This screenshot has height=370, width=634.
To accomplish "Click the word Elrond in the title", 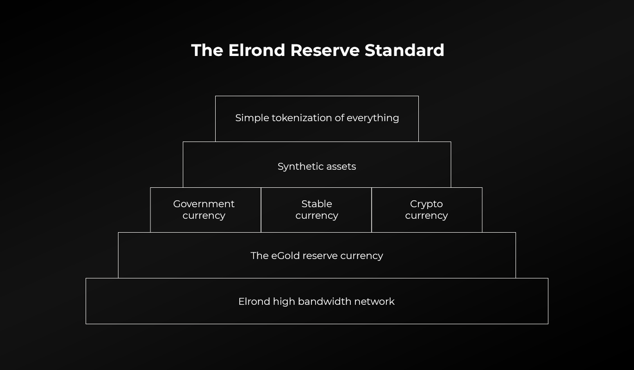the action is tap(256, 50).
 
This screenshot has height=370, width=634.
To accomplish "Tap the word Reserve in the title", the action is tap(325, 50).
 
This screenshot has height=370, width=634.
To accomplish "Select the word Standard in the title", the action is tap(404, 50).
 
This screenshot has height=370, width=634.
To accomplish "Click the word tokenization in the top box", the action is tap(302, 117).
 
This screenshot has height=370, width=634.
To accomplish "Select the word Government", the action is tap(204, 203).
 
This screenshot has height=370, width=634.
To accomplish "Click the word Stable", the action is tap(317, 203).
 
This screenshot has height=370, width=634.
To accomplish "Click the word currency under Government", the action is tap(204, 216).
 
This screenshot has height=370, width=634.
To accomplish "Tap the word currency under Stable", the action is tap(317, 216).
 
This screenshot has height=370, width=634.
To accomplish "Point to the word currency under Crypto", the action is tap(427, 216).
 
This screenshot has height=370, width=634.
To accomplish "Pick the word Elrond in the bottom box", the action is tap(254, 301).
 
